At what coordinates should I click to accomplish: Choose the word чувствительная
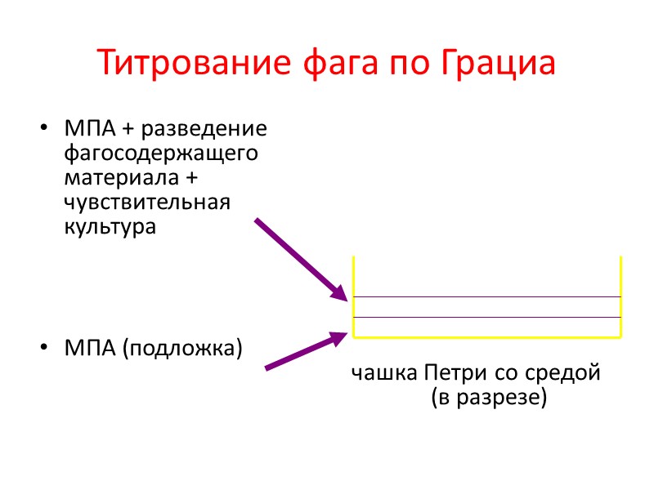(x=147, y=202)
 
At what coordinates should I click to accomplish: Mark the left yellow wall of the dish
(x=353, y=294)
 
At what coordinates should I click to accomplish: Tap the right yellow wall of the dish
(x=621, y=294)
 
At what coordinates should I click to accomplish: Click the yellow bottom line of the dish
(x=487, y=336)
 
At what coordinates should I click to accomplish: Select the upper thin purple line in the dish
(x=487, y=296)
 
